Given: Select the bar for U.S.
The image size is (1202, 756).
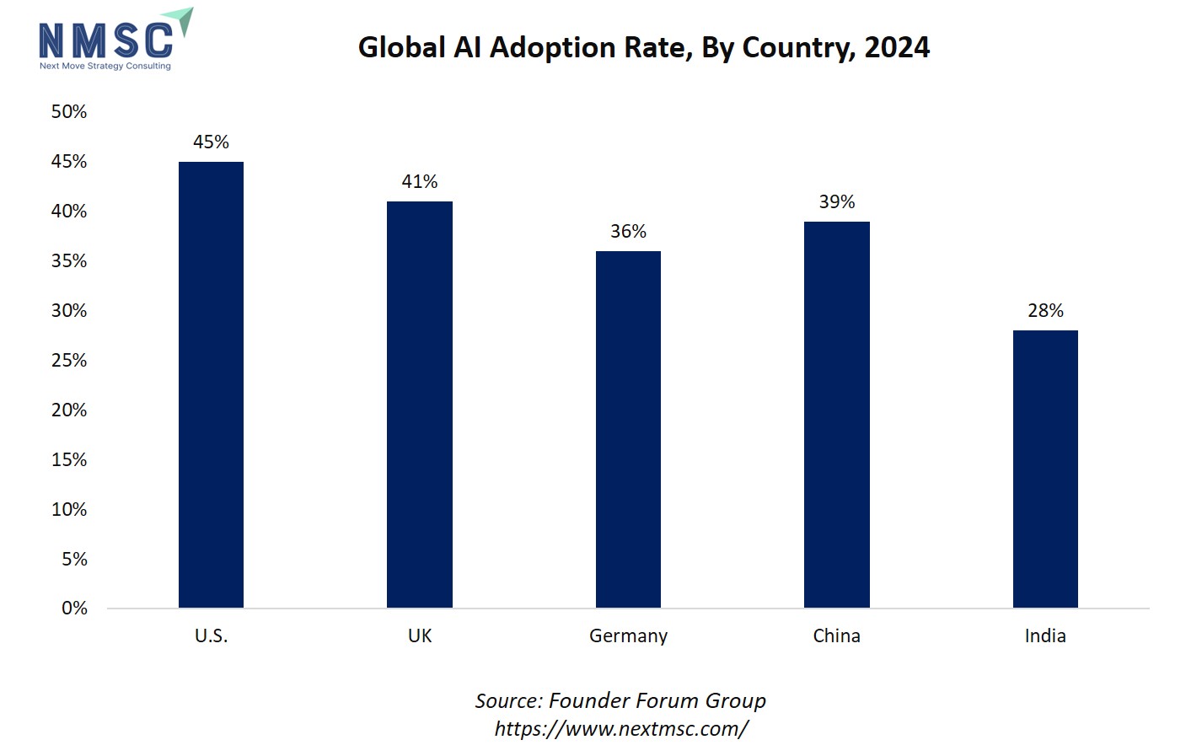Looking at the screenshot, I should click(211, 384).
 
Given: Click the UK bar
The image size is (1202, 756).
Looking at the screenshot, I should click(419, 405).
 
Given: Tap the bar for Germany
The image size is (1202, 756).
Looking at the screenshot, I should click(628, 429).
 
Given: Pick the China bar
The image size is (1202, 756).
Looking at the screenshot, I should click(836, 415).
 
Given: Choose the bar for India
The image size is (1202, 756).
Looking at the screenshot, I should click(1045, 469).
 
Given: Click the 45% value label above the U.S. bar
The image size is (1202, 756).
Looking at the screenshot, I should click(211, 142).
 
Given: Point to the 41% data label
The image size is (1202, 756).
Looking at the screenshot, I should click(419, 181).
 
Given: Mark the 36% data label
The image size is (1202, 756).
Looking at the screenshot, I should click(628, 231).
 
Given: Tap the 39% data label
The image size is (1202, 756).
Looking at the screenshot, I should click(836, 201).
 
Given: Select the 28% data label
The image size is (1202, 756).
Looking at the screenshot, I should click(1045, 310).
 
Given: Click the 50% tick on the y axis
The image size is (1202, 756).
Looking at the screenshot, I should click(69, 111).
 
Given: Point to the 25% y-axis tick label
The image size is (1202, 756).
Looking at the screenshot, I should click(69, 360).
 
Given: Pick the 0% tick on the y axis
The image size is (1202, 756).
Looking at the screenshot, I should click(74, 608).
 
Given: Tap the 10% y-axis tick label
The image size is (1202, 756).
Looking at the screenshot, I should click(69, 509).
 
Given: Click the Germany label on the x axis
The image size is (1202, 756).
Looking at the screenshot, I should click(628, 635).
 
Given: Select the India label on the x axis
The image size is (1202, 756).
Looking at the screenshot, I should click(1045, 635).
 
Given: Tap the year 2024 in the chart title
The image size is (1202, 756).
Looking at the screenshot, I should click(897, 47).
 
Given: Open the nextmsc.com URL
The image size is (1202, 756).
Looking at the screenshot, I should click(620, 728).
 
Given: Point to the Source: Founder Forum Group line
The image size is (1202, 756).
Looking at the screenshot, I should click(620, 700).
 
